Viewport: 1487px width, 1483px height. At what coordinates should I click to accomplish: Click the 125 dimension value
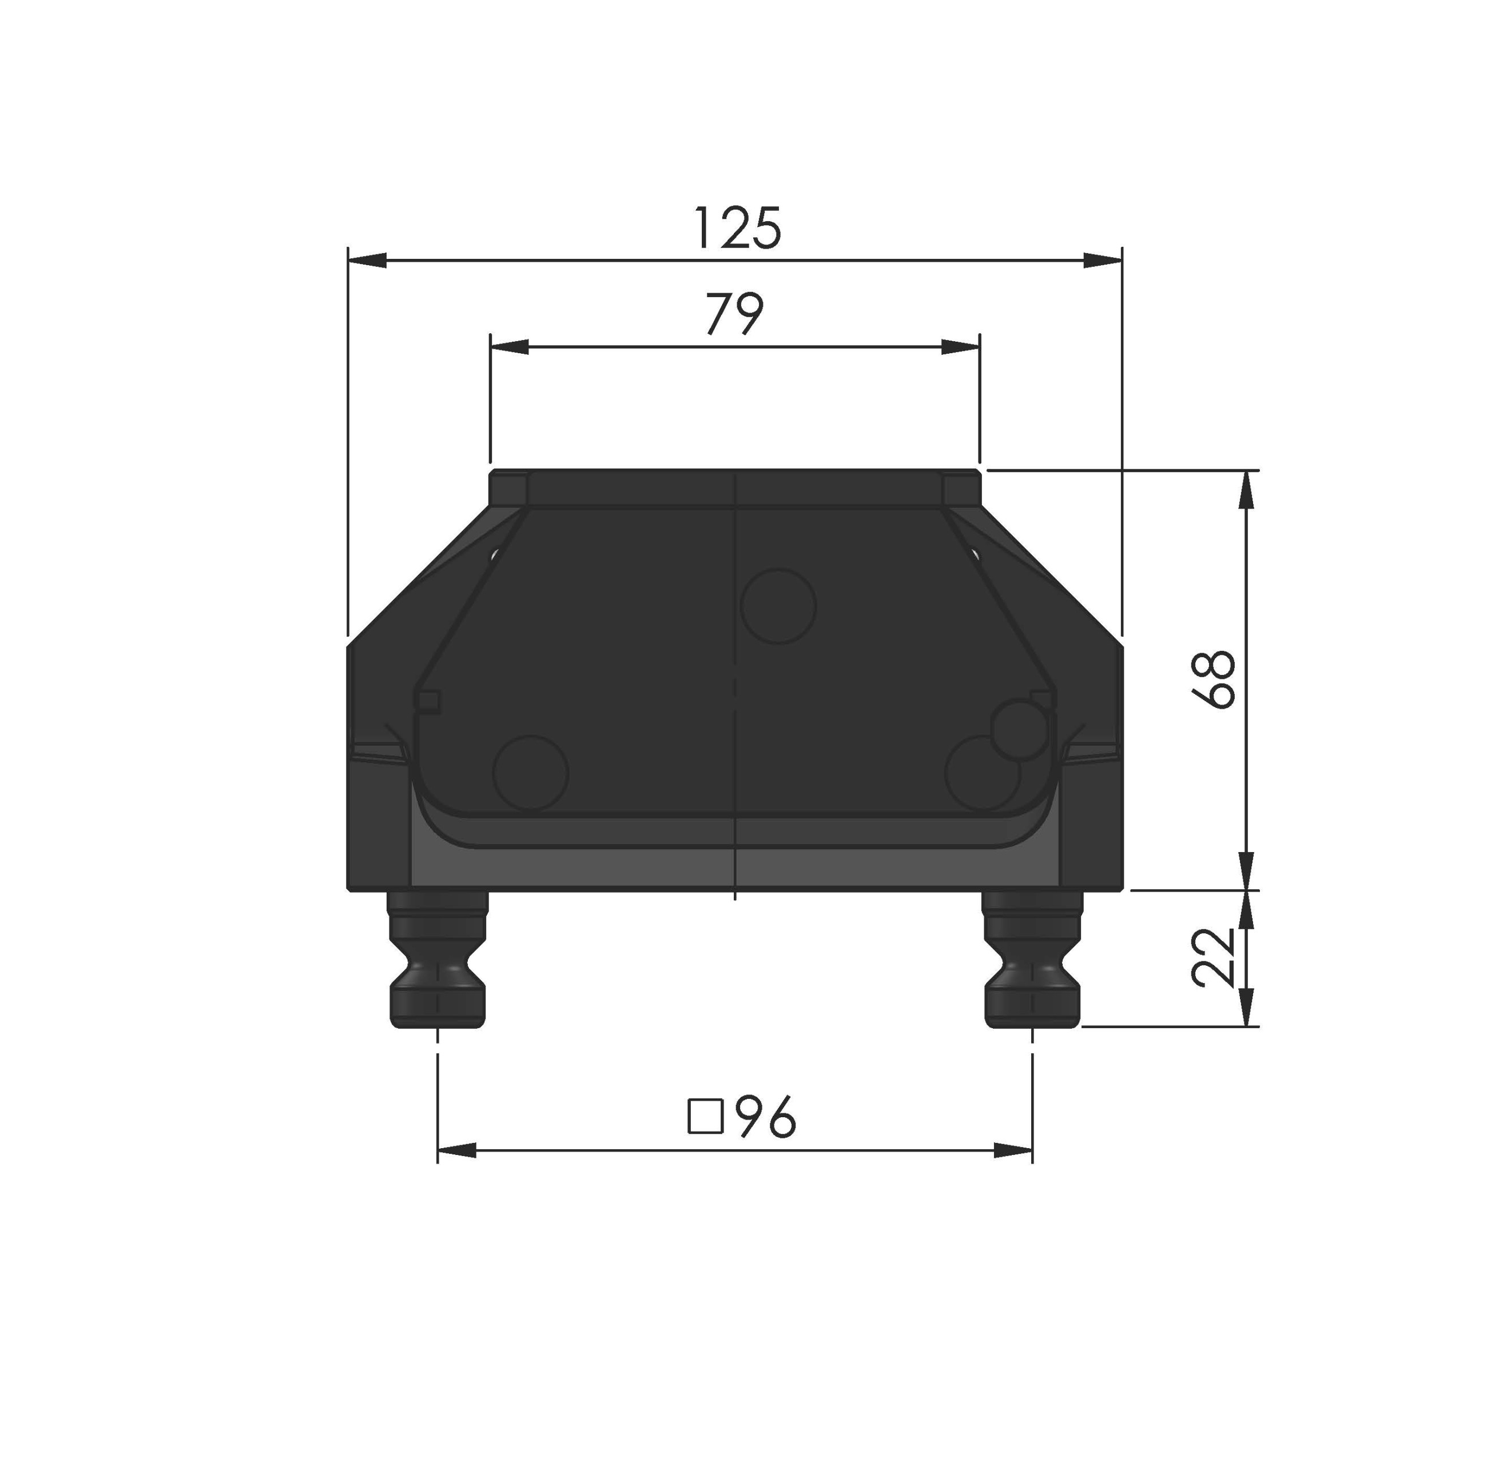pos(737,229)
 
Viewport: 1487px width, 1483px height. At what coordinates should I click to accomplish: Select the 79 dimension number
pos(735,314)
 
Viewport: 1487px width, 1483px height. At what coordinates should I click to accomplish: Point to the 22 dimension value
pos(1214,958)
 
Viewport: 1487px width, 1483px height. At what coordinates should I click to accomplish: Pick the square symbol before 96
pos(705,1118)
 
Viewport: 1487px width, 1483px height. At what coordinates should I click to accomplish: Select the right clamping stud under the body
pos(1032,959)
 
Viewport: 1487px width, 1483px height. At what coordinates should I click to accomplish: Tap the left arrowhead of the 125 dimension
pos(367,261)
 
